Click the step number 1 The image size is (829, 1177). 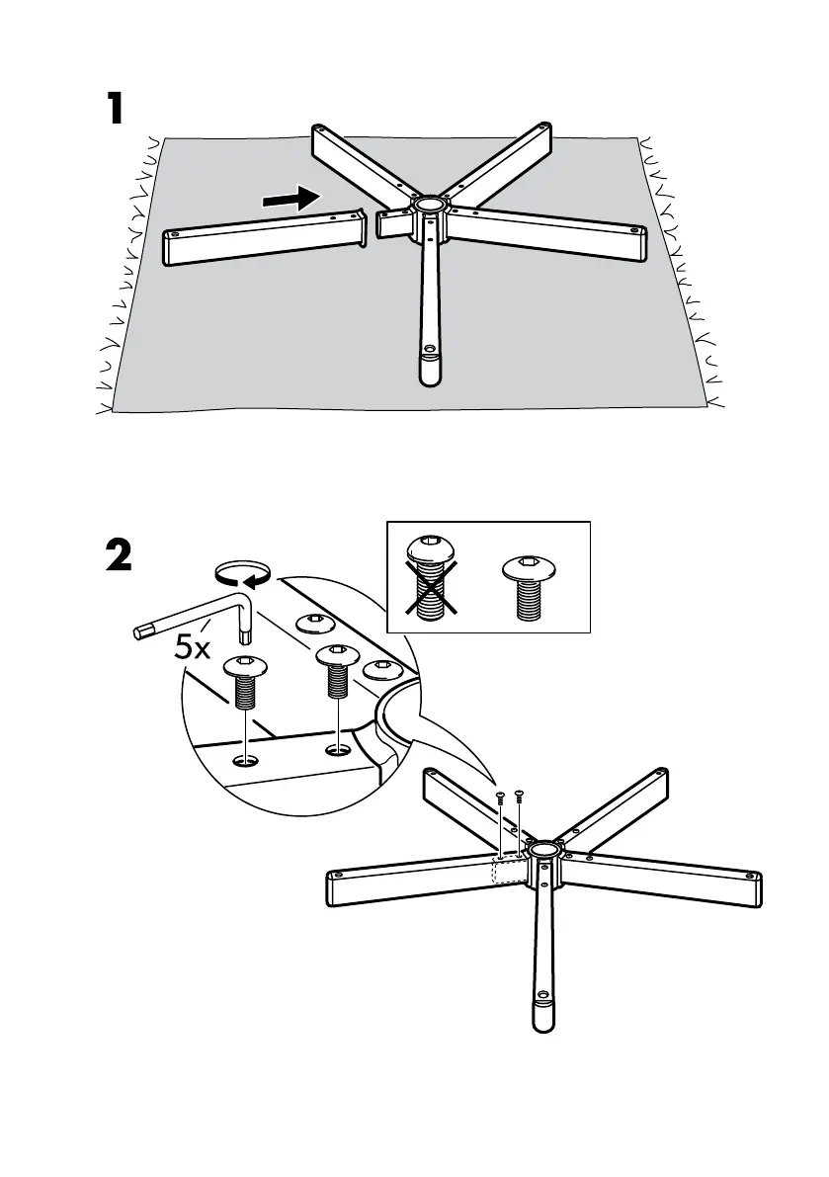pyautogui.click(x=116, y=110)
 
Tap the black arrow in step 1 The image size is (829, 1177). pyautogui.click(x=293, y=199)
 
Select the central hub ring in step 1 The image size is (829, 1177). pyautogui.click(x=430, y=207)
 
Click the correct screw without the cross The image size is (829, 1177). pyautogui.click(x=532, y=586)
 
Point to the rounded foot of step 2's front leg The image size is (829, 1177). pyautogui.click(x=543, y=1014)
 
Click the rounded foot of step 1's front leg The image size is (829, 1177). pyautogui.click(x=430, y=367)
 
